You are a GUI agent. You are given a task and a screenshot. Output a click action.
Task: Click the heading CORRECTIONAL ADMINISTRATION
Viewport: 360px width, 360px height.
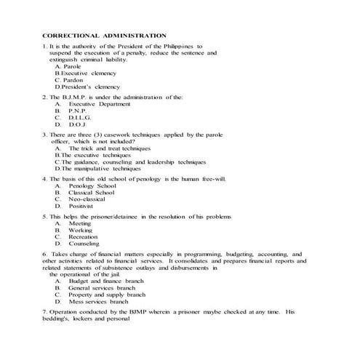[x=105, y=36]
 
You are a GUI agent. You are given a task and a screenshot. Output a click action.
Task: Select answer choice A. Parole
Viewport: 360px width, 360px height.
[x=68, y=66]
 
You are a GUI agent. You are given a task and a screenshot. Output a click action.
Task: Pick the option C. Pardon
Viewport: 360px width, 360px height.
[x=68, y=80]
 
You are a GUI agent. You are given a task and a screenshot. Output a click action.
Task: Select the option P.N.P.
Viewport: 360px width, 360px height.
[x=77, y=110]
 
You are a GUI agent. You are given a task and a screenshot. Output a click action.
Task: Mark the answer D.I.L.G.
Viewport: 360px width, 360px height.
[x=79, y=117]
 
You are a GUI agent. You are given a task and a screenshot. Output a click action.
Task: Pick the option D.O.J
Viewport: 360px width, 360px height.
[x=76, y=124]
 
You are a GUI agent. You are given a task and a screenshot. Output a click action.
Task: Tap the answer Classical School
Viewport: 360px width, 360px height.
[x=91, y=193]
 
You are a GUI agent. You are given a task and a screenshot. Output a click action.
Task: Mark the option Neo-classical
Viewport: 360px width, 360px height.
[x=88, y=199]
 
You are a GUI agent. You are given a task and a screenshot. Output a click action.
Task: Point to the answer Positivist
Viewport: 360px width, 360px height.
[x=82, y=207]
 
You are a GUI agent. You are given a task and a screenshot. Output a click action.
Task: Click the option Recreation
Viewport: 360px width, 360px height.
[x=83, y=237]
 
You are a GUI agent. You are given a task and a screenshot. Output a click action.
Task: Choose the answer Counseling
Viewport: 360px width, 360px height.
[x=84, y=244]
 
